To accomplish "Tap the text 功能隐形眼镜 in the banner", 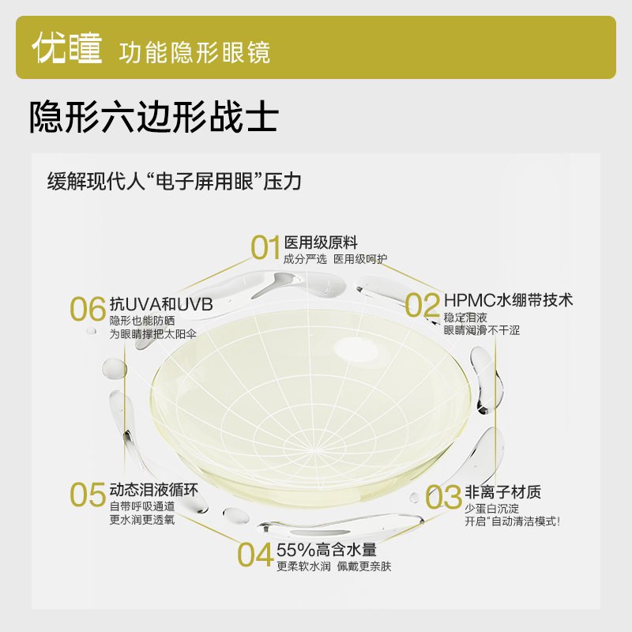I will [x=194, y=52].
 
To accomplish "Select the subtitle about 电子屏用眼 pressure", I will [x=174, y=180].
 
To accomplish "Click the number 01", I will [x=265, y=247].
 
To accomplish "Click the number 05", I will [x=88, y=495].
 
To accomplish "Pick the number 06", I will [x=88, y=309].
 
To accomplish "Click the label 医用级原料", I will [x=315, y=242].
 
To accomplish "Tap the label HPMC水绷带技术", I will [x=507, y=300].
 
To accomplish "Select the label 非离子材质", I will [x=502, y=492].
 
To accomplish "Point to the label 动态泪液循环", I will [x=152, y=488].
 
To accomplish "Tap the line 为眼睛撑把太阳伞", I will [x=153, y=334].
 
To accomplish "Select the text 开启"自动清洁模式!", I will [x=513, y=521].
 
